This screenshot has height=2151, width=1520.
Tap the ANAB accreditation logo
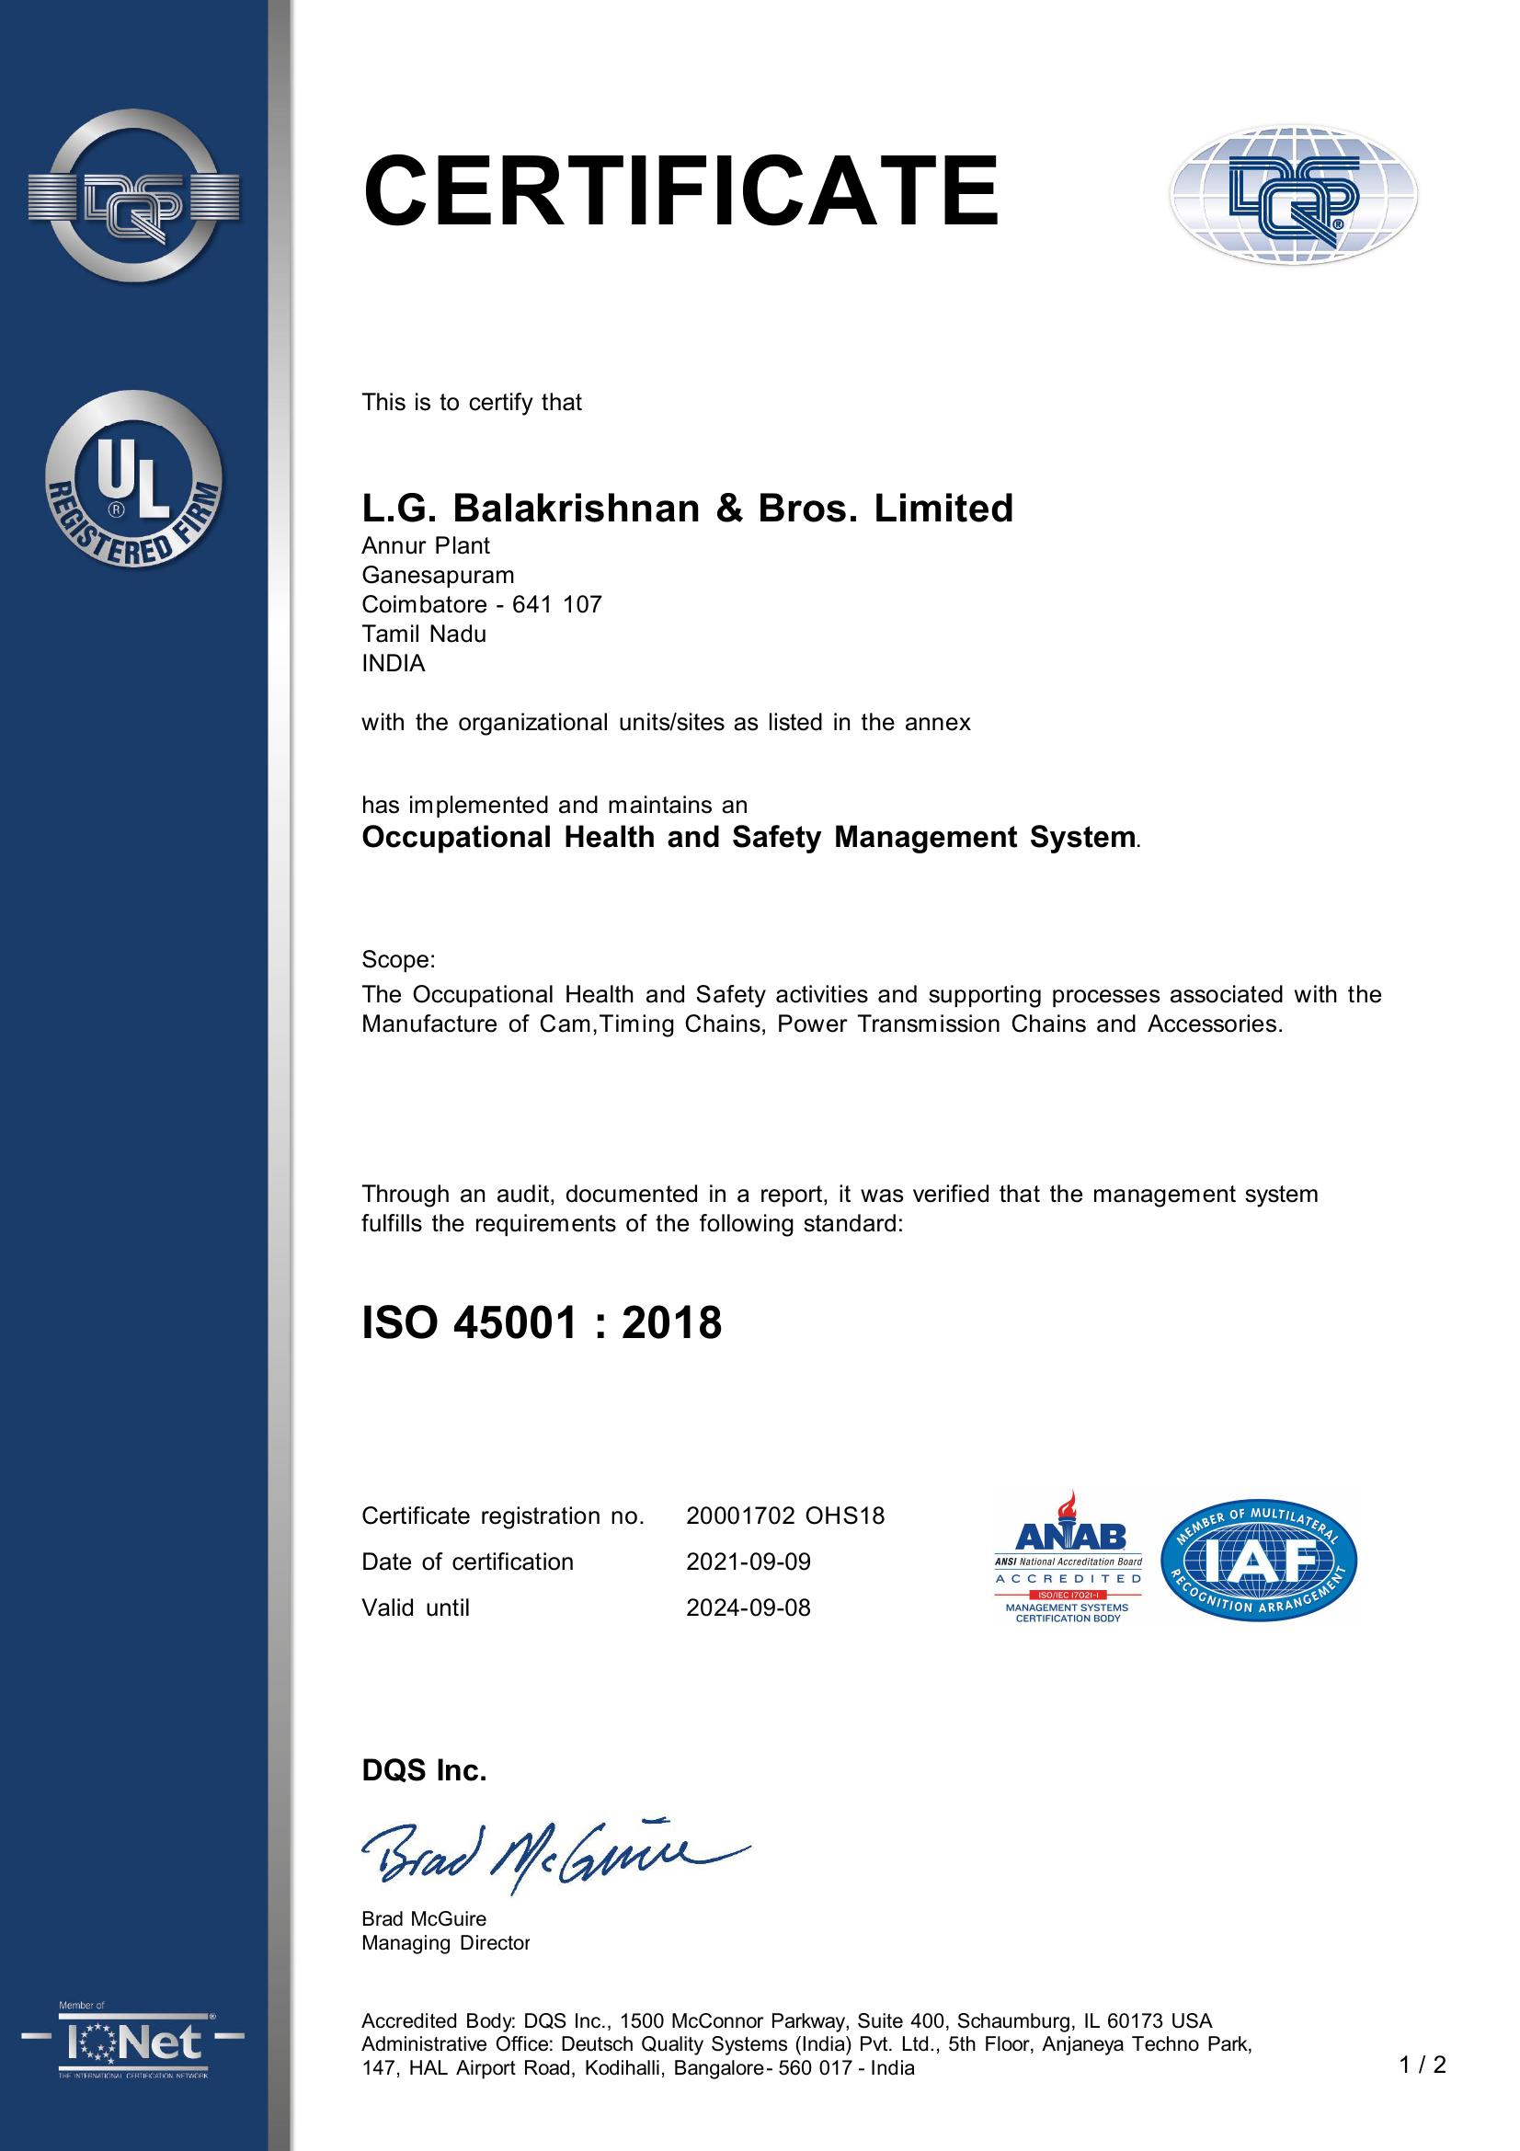[x=1068, y=1557]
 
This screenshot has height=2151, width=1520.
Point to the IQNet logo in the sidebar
[x=133, y=2043]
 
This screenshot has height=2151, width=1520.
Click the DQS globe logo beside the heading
[x=1293, y=195]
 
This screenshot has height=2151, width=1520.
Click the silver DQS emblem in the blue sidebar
[x=134, y=196]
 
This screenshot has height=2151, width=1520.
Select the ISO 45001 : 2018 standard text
[x=542, y=1322]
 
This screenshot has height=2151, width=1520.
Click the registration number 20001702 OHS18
[x=784, y=1516]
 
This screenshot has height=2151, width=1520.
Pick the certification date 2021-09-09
[x=749, y=1562]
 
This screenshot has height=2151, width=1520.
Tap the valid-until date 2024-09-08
[x=749, y=1608]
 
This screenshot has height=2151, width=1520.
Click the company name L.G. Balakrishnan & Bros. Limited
[x=688, y=509]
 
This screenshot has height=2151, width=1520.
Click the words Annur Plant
[x=426, y=545]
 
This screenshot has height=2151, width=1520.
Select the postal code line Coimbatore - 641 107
[x=482, y=604]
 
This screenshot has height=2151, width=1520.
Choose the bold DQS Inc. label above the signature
[x=424, y=1770]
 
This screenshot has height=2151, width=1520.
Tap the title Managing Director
[x=446, y=1943]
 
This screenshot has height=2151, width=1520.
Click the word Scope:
[x=398, y=960]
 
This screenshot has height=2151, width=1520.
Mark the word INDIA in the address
[x=394, y=663]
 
